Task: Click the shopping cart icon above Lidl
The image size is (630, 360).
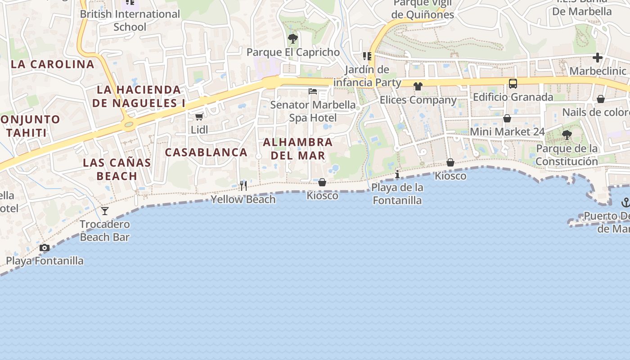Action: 199,117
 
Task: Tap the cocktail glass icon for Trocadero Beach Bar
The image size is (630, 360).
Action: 105,211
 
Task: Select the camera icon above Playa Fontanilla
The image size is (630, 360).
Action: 44,247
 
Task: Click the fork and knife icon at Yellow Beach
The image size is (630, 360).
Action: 243,185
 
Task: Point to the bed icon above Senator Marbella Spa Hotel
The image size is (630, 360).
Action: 313,91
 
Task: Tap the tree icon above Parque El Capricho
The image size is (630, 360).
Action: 293,39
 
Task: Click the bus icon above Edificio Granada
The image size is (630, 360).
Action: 513,83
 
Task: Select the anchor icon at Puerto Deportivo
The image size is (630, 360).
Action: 625,202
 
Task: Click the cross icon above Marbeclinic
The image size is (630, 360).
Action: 598,58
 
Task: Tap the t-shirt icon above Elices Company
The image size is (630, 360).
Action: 418,86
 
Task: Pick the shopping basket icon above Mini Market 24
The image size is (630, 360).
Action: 507,118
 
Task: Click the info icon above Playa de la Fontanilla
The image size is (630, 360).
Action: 397,174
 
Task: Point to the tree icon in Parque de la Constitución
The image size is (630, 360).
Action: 567,135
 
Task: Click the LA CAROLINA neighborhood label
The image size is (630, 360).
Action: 53,64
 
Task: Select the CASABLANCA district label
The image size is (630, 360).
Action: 206,152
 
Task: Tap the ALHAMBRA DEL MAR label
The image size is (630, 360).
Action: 297,148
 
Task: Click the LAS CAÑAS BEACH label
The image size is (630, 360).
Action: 117,169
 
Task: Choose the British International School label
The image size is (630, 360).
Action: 130,20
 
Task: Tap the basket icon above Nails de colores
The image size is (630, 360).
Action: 601,99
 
